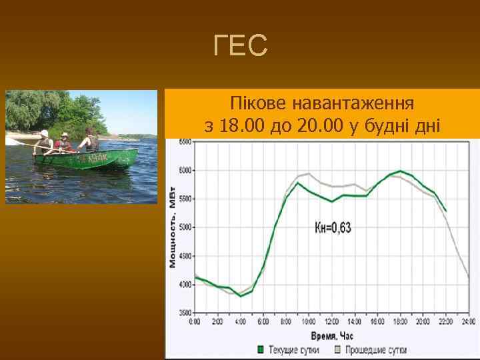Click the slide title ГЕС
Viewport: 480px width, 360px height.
(x=241, y=46)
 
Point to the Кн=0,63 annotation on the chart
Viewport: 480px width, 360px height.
(x=333, y=228)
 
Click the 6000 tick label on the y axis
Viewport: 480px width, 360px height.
(x=184, y=171)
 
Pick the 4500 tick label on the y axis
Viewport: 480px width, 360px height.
(x=184, y=256)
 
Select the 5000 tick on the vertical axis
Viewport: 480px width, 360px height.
(x=184, y=227)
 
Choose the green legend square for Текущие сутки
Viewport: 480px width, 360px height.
(x=261, y=349)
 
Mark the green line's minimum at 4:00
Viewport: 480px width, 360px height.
(x=241, y=295)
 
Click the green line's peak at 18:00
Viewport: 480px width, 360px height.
(x=400, y=171)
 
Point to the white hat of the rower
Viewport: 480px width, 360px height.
(x=45, y=133)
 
